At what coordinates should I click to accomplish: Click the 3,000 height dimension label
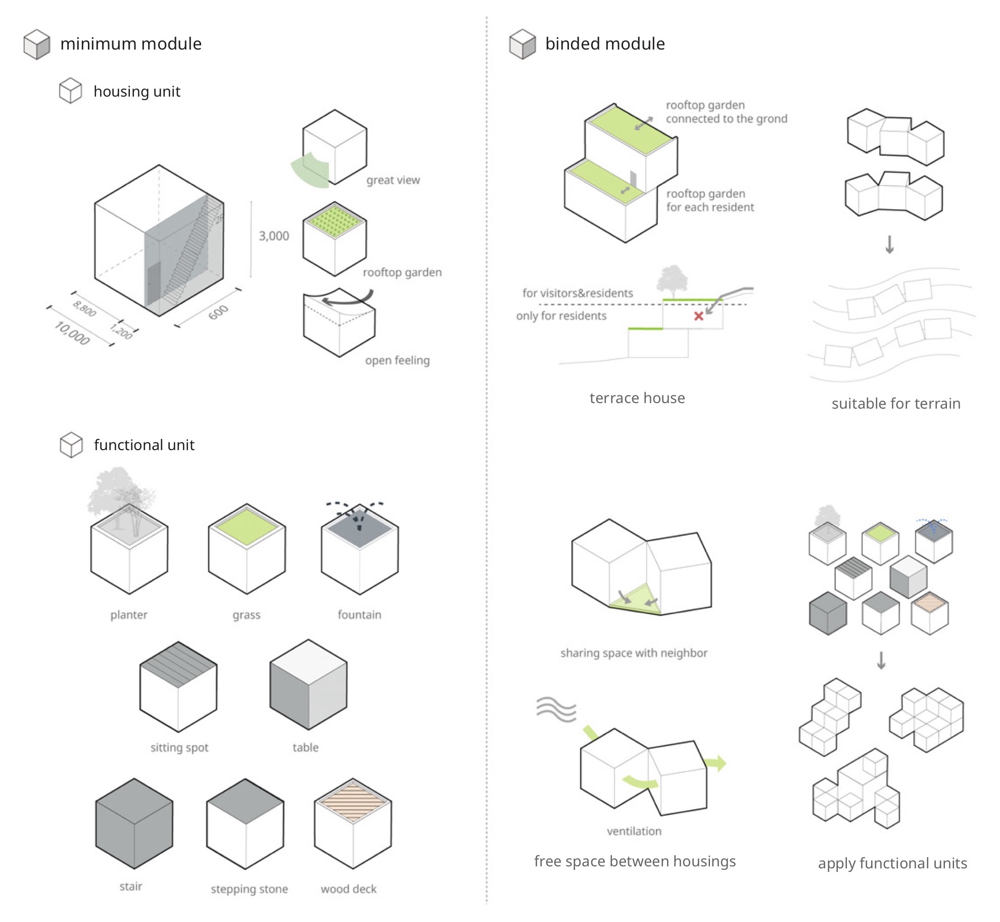[274, 236]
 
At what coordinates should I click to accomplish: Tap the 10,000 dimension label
[72, 333]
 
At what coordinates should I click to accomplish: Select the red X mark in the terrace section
[699, 316]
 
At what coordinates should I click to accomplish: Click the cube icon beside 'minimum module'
[37, 45]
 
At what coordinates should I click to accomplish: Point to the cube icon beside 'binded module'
[522, 45]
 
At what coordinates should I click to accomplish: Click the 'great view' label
[393, 180]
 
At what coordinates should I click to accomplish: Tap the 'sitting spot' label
[179, 748]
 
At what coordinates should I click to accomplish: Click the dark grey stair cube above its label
[134, 823]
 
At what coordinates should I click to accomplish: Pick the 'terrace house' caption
[637, 398]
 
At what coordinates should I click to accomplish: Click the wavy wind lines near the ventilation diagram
[556, 709]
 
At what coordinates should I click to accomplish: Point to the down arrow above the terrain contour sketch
[890, 244]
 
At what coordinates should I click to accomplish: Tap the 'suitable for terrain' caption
[896, 404]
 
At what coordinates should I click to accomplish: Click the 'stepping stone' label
[249, 889]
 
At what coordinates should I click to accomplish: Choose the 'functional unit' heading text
[144, 445]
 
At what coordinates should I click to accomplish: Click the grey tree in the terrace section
[672, 281]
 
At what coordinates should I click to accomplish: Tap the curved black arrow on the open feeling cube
[348, 299]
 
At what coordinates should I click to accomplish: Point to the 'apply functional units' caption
[892, 863]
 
